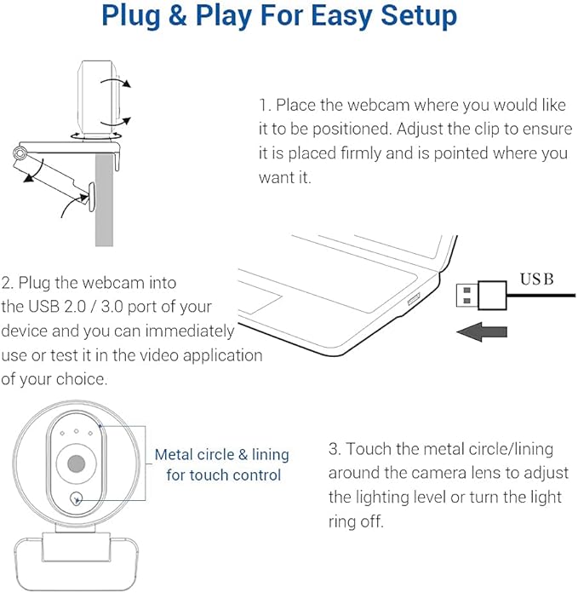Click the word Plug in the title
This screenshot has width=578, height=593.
tap(134, 17)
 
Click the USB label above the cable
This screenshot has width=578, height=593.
tap(536, 279)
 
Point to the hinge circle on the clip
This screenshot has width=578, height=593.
tap(19, 153)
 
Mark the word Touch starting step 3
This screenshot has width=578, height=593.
tap(366, 449)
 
